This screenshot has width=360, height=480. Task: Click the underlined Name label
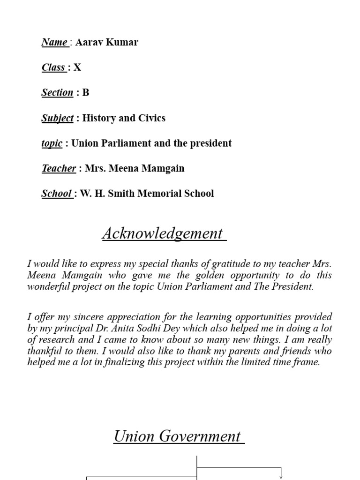54,43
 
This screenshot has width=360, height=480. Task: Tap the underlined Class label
53,67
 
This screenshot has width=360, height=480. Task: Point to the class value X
77,67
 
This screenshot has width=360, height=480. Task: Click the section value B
86,92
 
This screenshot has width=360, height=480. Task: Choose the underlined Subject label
57,118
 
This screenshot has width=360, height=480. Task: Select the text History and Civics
124,118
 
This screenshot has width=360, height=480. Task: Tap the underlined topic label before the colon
52,143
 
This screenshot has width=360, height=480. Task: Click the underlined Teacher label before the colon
59,168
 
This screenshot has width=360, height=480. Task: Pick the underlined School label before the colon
56,193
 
